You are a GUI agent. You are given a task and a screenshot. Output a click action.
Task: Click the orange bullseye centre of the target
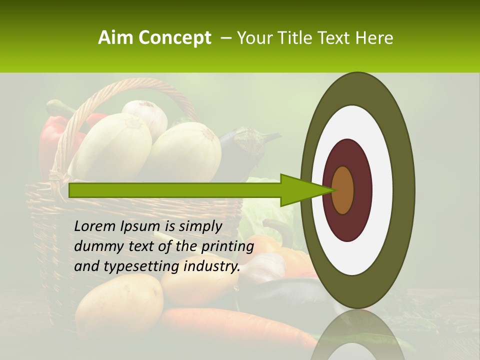pos(342,190)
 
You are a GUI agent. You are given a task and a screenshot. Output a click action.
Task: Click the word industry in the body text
pos(210,266)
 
